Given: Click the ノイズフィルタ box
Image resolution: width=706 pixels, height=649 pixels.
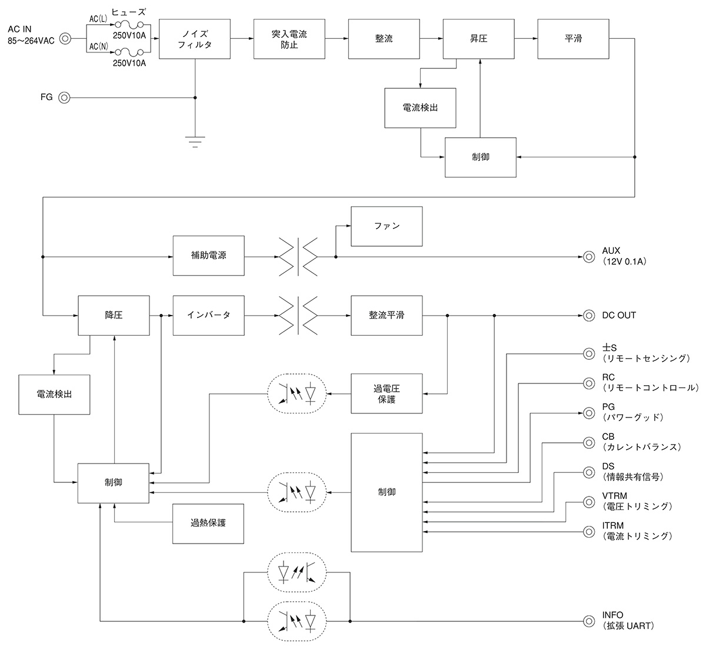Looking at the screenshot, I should point(195,39).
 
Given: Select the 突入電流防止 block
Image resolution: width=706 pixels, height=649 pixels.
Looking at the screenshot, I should point(289,39).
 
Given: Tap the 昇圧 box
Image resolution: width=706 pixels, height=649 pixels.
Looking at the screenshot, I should point(478,39).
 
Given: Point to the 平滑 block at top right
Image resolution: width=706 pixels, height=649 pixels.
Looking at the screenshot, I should point(573,39).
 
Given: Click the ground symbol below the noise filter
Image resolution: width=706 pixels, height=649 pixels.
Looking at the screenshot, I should point(195,141).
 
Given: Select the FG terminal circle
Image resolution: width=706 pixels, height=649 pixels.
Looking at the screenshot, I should point(65,98).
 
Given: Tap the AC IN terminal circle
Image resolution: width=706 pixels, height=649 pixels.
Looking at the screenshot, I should point(65,39).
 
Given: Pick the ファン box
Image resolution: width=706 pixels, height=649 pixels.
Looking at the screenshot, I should point(387,226).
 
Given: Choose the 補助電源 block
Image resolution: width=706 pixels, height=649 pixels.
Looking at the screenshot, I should point(208,256).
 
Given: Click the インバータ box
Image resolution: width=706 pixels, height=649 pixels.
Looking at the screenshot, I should point(208,316).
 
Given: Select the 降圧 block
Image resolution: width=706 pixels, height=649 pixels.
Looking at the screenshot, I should point(114,316).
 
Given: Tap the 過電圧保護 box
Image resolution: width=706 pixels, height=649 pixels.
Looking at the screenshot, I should point(387,393).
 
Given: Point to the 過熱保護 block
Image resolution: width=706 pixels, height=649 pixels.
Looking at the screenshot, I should point(208,524).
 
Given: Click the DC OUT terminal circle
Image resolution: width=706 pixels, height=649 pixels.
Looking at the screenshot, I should point(588,316).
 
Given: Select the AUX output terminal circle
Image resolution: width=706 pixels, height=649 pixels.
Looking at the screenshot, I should point(588,257).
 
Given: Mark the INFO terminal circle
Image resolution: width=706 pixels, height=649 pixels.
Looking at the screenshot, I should point(588,621).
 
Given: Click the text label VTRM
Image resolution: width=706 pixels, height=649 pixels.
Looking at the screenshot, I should point(614,496).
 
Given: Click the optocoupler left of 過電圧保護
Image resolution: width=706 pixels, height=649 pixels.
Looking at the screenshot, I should point(298,393).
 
